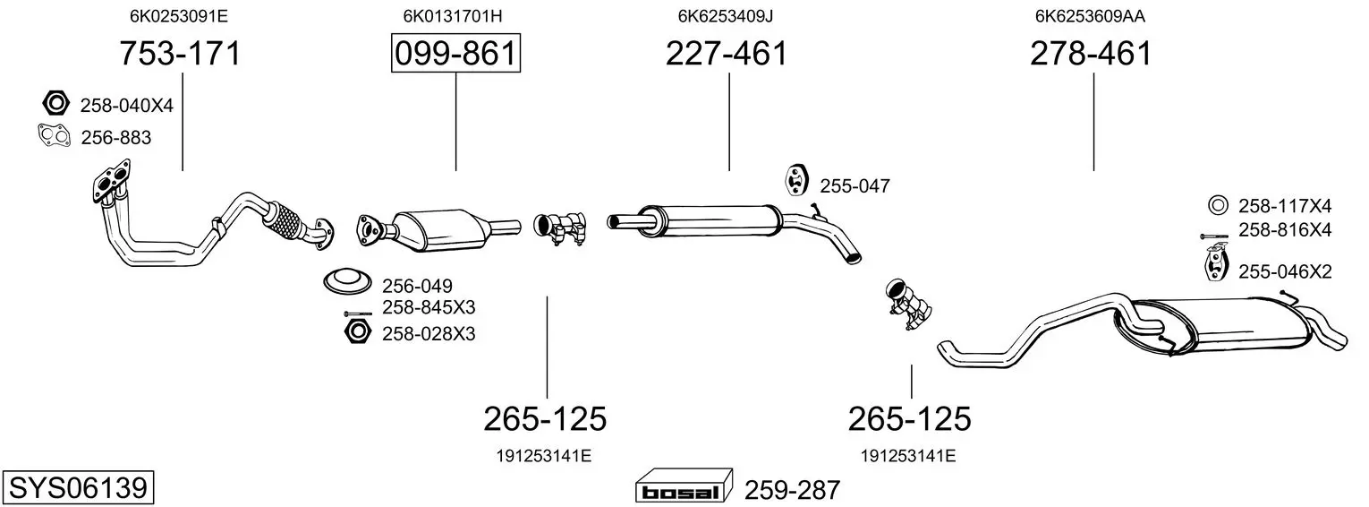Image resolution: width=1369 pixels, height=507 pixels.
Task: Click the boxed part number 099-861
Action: pos(456,53)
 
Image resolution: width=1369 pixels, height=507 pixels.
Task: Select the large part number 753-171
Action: pos(180,53)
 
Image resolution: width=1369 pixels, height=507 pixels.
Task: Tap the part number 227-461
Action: pos(727,53)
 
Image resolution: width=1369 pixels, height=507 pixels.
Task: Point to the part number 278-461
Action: pos(1091,53)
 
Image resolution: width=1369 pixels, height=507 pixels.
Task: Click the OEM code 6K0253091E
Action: pos(178,16)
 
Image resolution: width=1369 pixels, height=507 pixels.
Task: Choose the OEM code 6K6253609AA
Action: pos(1090,16)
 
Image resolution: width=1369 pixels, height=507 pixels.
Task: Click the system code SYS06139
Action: pos(78,488)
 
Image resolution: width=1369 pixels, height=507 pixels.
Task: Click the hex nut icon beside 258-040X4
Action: pos(56,103)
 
